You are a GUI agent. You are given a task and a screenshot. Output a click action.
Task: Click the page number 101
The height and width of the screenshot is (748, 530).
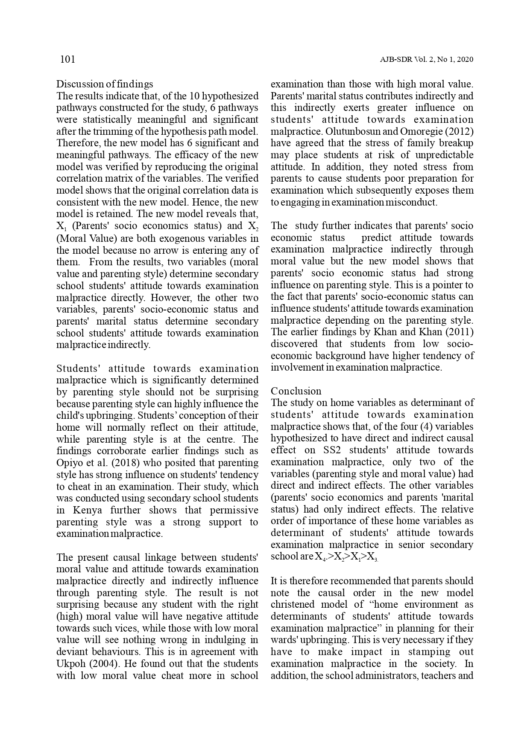click(67, 59)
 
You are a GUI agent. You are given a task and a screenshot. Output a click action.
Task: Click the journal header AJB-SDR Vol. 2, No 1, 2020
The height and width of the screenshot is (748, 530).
click(426, 60)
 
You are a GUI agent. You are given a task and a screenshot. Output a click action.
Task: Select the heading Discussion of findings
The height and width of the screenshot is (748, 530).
click(105, 84)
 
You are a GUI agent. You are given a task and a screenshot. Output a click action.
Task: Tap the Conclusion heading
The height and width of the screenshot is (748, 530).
click(296, 391)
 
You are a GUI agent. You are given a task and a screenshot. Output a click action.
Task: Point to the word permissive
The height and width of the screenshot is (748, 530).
click(234, 510)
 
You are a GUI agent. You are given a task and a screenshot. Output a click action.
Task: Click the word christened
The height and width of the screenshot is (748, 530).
click(292, 604)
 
